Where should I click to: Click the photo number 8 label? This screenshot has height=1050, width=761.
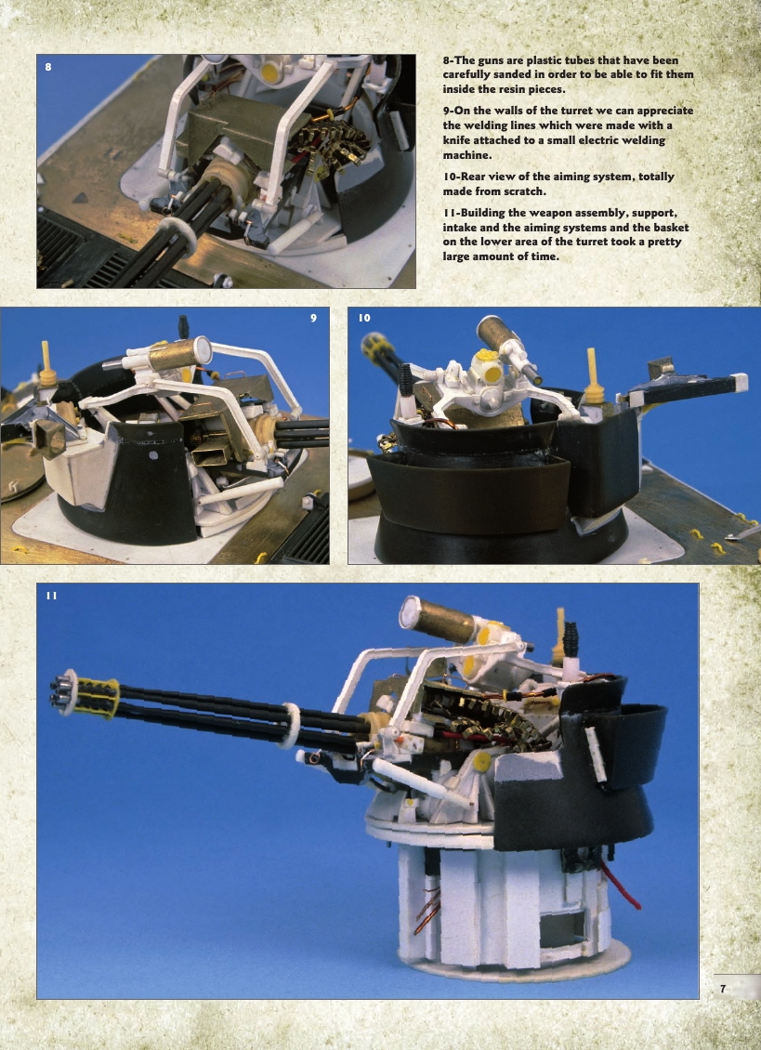click(x=48, y=67)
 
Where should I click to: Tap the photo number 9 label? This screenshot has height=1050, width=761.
click(x=314, y=319)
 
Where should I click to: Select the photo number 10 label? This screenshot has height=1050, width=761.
click(x=364, y=319)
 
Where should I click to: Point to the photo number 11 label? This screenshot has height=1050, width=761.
click(x=51, y=596)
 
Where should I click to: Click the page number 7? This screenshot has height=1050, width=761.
click(x=723, y=989)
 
